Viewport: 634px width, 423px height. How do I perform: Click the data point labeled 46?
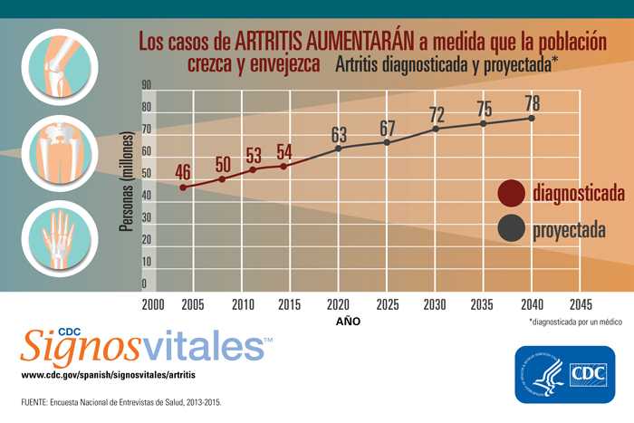(x=184, y=187)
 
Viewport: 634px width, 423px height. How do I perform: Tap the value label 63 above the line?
(x=339, y=135)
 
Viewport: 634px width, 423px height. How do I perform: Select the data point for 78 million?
(x=531, y=119)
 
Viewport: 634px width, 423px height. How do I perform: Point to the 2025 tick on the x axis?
(x=388, y=304)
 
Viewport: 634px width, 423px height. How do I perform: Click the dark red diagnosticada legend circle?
(x=512, y=193)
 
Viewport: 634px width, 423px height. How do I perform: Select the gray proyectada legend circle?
(x=512, y=229)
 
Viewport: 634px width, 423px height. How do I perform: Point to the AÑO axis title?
(x=348, y=321)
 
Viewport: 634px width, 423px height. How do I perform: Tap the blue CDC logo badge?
(x=558, y=374)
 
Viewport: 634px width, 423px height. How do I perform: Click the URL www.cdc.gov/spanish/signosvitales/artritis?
(x=108, y=373)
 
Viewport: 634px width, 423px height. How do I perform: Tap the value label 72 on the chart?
(x=437, y=115)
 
